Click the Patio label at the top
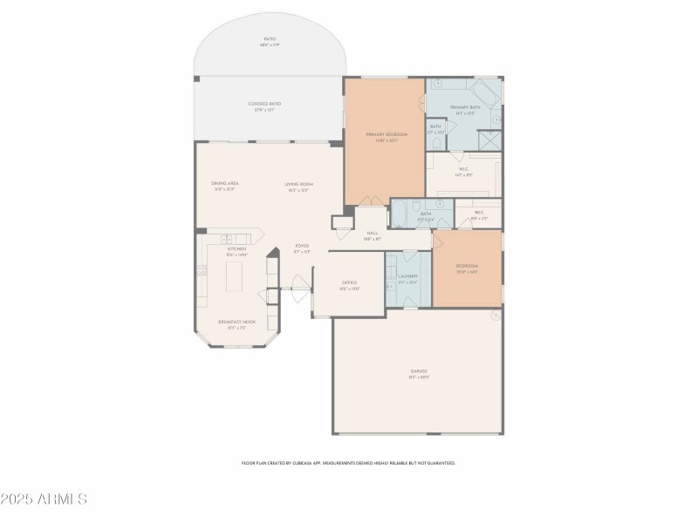(270, 40)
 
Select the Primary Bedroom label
(387, 135)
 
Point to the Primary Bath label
(465, 108)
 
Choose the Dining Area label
(225, 184)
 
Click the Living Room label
(298, 184)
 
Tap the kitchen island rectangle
(235, 276)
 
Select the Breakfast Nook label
(236, 323)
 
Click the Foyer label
(302, 247)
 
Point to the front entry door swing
(300, 282)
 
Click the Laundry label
(408, 277)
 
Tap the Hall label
(373, 234)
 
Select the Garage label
(419, 372)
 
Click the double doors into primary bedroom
(373, 202)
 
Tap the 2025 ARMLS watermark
(44, 499)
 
